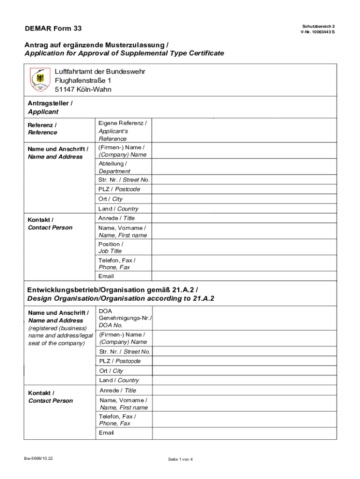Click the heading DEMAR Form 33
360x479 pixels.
pos(53,29)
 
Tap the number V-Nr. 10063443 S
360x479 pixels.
pos(317,32)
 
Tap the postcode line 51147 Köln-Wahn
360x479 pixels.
pos(83,89)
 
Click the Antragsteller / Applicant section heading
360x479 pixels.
pos(50,107)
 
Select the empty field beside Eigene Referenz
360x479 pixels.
pos(244,131)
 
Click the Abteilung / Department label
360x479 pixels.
pos(114,167)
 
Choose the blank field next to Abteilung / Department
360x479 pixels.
pos(244,167)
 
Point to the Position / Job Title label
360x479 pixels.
pos(111,247)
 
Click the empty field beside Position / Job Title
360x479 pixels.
pos(244,247)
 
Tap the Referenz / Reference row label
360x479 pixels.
pos(43,129)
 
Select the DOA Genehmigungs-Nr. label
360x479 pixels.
pos(125,318)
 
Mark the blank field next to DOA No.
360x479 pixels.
pos(244,318)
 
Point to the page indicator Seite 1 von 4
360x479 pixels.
pos(180,459)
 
